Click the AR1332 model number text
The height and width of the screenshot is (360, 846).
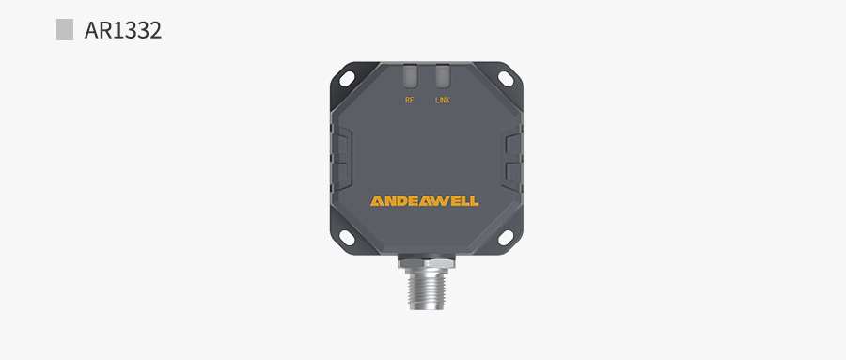123,30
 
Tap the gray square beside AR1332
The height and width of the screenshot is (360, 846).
65,30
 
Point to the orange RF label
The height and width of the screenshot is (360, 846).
410,101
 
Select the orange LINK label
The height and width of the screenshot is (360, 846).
443,101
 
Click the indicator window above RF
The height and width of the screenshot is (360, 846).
410,77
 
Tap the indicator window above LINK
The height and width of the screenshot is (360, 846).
443,77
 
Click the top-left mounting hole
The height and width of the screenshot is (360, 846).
347,79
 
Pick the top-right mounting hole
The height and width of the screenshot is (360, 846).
506,79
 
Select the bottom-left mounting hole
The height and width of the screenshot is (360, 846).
347,237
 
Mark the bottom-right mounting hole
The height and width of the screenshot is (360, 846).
506,237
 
